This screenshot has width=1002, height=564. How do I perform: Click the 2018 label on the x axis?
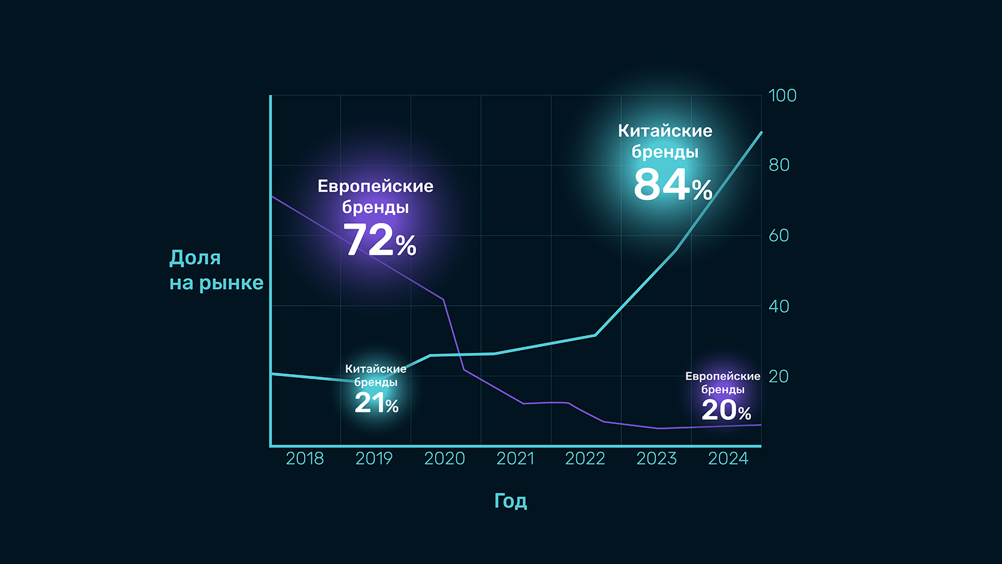click(x=305, y=459)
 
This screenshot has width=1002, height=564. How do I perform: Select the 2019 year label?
click(x=374, y=459)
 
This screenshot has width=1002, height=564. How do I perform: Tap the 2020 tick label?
click(x=444, y=459)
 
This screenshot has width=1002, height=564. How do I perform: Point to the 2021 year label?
click(x=515, y=459)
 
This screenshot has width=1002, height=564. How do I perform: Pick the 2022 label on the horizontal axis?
click(x=585, y=459)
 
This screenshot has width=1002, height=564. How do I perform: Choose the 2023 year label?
click(x=656, y=459)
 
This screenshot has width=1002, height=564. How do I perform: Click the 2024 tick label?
click(x=728, y=459)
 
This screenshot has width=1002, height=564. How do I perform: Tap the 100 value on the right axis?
click(x=782, y=96)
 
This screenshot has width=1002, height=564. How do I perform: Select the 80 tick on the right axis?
click(x=779, y=165)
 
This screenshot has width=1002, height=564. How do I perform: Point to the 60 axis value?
click(x=779, y=236)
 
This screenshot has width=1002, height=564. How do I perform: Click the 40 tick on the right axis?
click(x=779, y=306)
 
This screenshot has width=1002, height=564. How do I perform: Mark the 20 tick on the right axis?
click(x=778, y=377)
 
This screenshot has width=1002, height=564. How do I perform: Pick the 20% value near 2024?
click(x=726, y=411)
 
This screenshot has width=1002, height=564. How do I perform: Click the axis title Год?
click(x=510, y=501)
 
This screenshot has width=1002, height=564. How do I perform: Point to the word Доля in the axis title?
click(x=195, y=258)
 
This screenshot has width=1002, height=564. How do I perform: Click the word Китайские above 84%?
click(x=665, y=131)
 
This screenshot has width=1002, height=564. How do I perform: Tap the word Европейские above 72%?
click(x=375, y=186)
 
